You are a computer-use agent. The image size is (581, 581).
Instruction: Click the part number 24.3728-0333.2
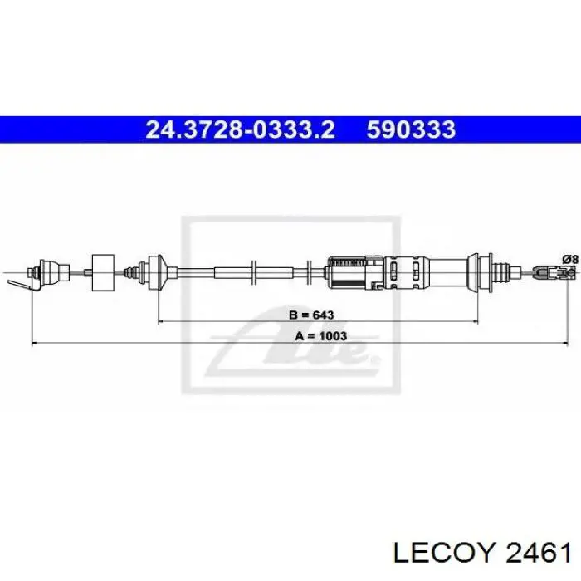pos(241,129)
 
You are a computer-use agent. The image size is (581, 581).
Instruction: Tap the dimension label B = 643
pos(312,315)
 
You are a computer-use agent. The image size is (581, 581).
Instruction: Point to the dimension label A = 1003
pos(320,336)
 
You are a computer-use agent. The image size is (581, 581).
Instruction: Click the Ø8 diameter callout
pos(569,258)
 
